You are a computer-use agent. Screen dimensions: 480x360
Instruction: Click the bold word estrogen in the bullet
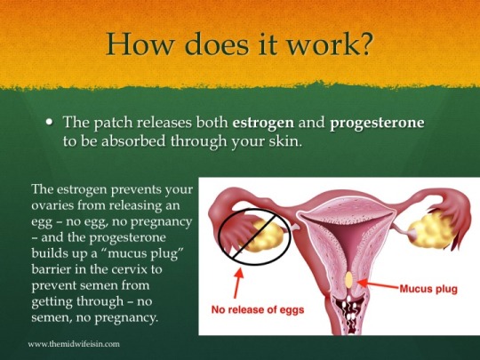tap(263, 123)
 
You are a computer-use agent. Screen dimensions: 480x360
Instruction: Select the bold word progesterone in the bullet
tap(377, 123)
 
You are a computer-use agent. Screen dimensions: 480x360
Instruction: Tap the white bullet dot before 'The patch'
tap(49, 122)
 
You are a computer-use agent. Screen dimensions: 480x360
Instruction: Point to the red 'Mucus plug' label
tap(428, 289)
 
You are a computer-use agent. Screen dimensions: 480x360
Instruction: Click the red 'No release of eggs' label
tap(258, 310)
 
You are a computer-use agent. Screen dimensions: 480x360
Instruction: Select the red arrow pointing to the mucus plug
tap(379, 284)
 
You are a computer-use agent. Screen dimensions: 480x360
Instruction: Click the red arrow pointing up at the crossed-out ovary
tap(238, 283)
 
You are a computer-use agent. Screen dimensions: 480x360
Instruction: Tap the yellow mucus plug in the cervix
tap(349, 280)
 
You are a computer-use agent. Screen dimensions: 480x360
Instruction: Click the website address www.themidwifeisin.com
tap(74, 344)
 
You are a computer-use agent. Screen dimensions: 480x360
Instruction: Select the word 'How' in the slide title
tap(140, 44)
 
